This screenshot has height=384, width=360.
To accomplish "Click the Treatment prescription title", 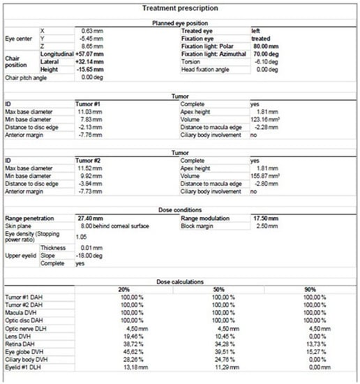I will click(180, 8).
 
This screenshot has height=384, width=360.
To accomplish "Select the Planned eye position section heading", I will click(180, 23).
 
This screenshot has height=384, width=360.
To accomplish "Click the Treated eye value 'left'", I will click(256, 31).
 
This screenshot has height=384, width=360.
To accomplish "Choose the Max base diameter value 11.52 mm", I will click(92, 169).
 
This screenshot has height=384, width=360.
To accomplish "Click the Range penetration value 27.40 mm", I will click(90, 218).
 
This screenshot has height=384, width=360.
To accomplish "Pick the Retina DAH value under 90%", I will click(315, 343).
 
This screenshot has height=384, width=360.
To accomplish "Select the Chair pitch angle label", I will click(25, 77).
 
